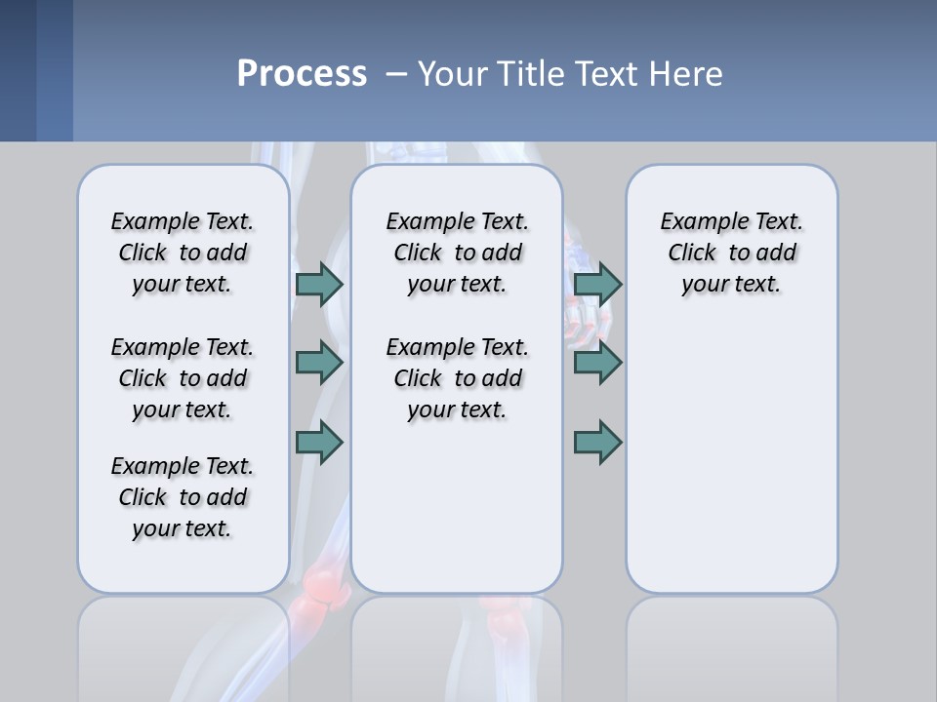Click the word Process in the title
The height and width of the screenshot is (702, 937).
point(302,73)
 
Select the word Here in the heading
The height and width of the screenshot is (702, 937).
point(686,74)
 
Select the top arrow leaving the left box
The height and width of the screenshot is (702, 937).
point(319,284)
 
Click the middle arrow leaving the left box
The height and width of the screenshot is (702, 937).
point(319,363)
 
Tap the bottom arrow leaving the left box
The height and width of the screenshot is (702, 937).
point(319,443)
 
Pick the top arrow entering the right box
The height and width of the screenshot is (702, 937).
point(597,284)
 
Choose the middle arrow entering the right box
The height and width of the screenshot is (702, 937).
point(597,363)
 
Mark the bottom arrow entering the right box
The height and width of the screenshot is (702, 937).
point(597,443)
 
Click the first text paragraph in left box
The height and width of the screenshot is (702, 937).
point(183,253)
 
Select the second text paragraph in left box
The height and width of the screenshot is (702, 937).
point(183,378)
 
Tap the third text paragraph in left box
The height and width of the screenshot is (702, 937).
point(183,497)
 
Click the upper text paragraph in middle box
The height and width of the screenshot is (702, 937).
point(457,253)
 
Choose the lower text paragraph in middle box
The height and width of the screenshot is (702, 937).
point(457,378)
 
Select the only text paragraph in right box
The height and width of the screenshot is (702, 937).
point(731,253)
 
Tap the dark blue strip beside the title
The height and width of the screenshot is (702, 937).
point(35,70)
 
